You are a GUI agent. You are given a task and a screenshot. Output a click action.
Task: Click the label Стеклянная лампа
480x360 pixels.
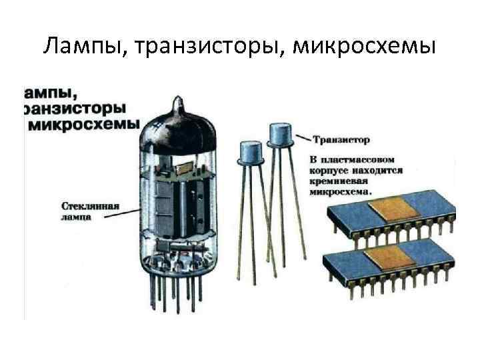89,212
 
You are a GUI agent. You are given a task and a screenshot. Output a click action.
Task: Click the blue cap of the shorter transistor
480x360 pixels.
250,152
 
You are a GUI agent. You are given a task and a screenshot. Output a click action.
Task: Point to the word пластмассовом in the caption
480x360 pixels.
365,160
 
